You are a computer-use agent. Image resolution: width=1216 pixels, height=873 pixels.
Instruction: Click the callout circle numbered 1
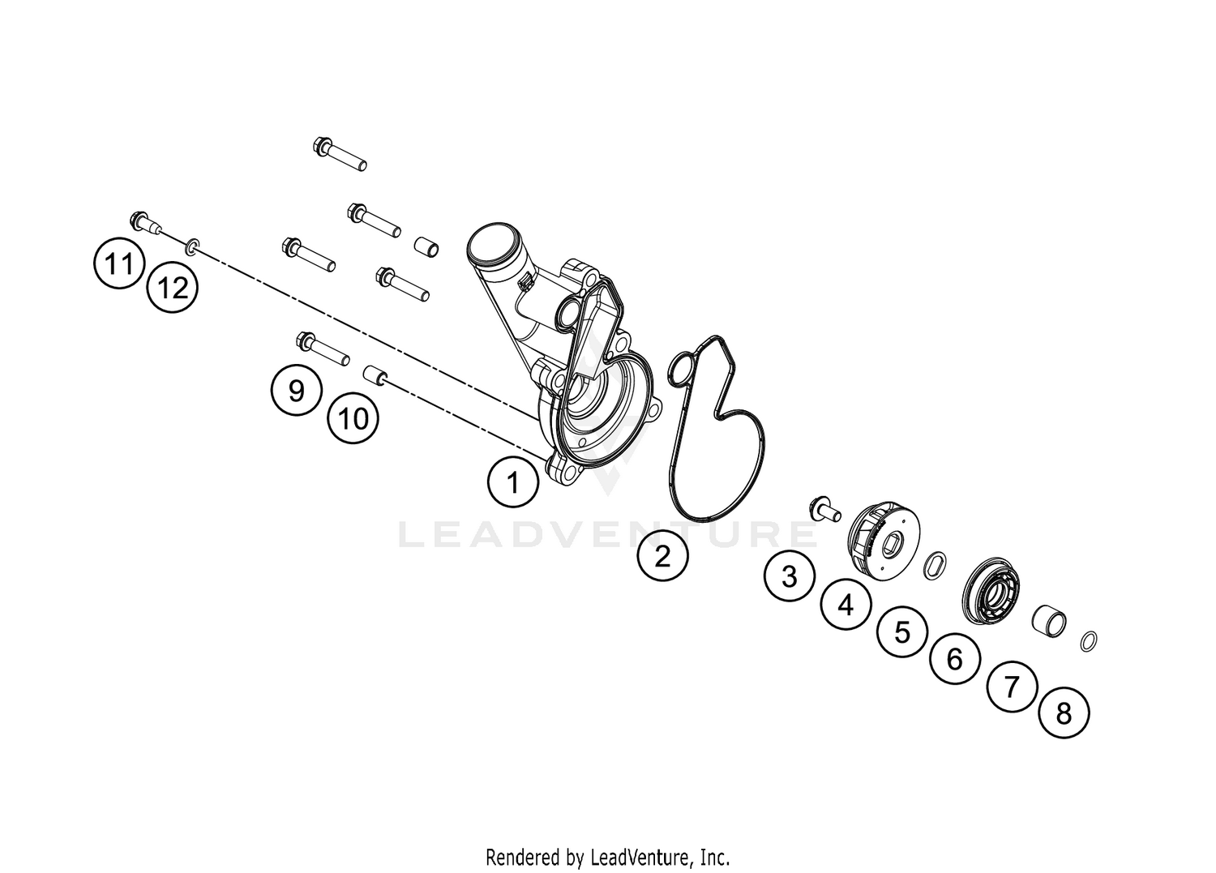pyautogui.click(x=513, y=481)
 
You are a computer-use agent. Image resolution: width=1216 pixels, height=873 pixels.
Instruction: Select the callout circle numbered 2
pyautogui.click(x=662, y=555)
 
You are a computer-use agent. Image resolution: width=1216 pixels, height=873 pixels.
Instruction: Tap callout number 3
pyautogui.click(x=790, y=576)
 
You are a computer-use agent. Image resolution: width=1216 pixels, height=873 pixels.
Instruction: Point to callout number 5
pyautogui.click(x=901, y=631)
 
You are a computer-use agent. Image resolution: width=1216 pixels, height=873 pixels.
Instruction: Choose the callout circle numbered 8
pyautogui.click(x=1064, y=713)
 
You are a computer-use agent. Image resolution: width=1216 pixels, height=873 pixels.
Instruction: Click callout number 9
pyautogui.click(x=297, y=390)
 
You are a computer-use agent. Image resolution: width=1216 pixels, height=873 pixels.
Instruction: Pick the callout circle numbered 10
pyautogui.click(x=353, y=418)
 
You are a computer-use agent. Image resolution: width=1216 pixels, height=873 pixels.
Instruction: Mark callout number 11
pyautogui.click(x=119, y=264)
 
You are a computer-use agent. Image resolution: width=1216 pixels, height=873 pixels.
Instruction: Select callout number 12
pyautogui.click(x=173, y=287)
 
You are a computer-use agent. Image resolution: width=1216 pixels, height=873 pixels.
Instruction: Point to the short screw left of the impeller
pyautogui.click(x=824, y=509)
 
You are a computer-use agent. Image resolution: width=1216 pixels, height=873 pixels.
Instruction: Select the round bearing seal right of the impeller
pyautogui.click(x=991, y=588)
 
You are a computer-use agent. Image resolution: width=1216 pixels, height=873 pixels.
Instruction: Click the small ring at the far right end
pyautogui.click(x=1089, y=641)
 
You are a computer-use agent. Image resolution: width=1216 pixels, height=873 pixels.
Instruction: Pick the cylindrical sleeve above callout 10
pyautogui.click(x=375, y=374)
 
